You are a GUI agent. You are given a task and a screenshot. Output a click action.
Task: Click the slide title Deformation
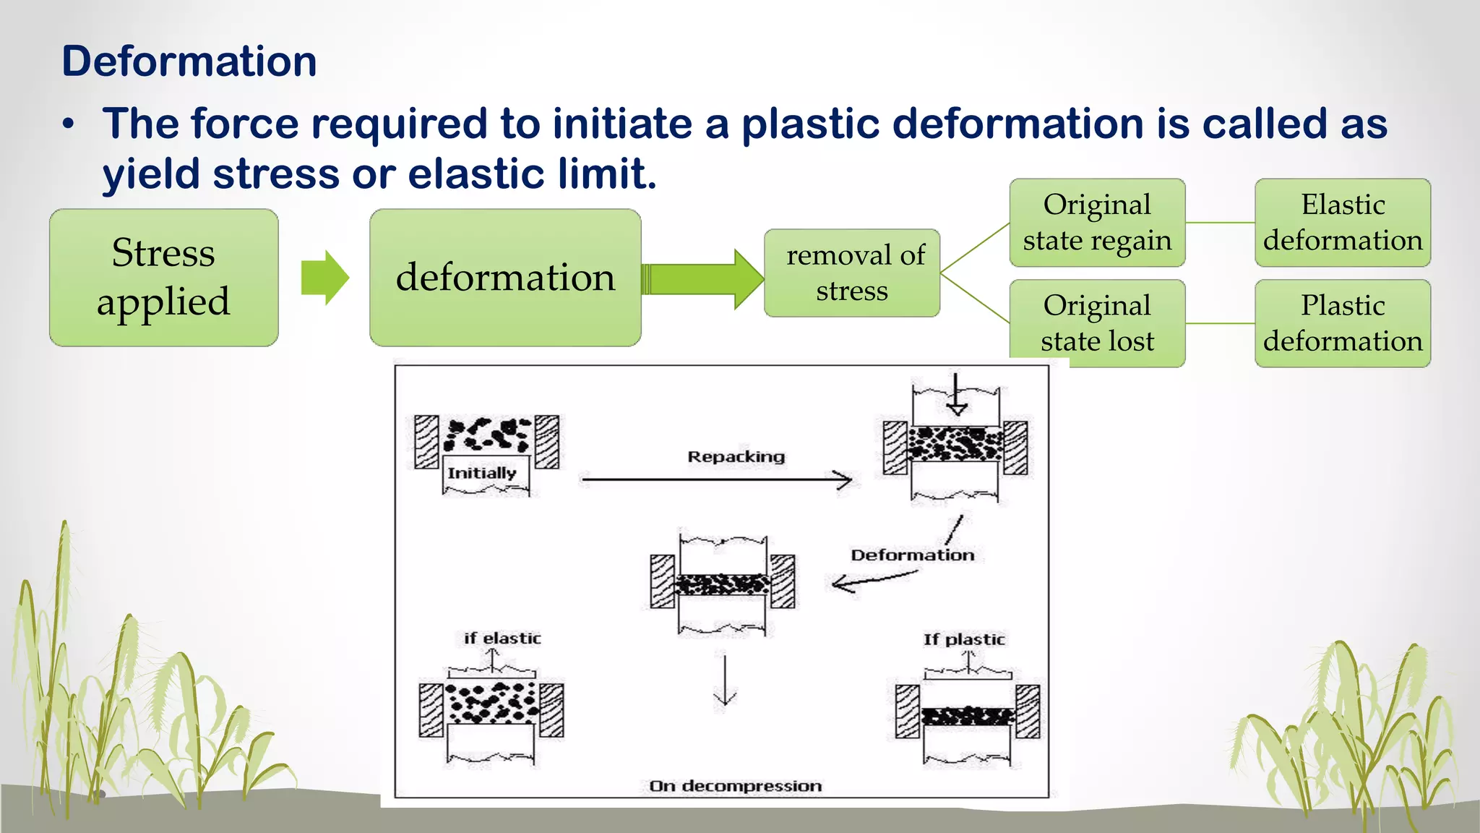(189, 61)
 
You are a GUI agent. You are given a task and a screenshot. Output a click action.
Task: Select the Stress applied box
(164, 278)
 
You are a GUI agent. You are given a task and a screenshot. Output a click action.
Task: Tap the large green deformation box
(505, 278)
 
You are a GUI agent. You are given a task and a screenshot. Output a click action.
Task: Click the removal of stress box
(852, 273)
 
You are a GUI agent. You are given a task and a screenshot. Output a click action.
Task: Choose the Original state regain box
(1097, 222)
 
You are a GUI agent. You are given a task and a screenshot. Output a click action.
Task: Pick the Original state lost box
(1097, 323)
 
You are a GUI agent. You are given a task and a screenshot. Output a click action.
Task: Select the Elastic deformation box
(1343, 222)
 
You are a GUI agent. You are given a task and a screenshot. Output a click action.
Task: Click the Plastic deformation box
(1343, 323)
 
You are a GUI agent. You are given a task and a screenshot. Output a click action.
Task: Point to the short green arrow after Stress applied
(324, 278)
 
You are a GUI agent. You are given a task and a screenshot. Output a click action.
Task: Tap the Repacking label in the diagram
(736, 457)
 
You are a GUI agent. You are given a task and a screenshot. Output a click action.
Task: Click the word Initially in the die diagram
(481, 473)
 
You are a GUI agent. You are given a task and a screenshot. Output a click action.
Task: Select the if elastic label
(502, 638)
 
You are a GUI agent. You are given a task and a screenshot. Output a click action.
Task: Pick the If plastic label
(964, 639)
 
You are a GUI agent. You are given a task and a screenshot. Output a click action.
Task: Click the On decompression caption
(735, 786)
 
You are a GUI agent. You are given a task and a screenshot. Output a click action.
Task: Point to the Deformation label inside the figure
(912, 555)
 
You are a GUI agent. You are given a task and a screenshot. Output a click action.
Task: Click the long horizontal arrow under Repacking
(715, 479)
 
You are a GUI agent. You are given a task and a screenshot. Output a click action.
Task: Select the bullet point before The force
(68, 124)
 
